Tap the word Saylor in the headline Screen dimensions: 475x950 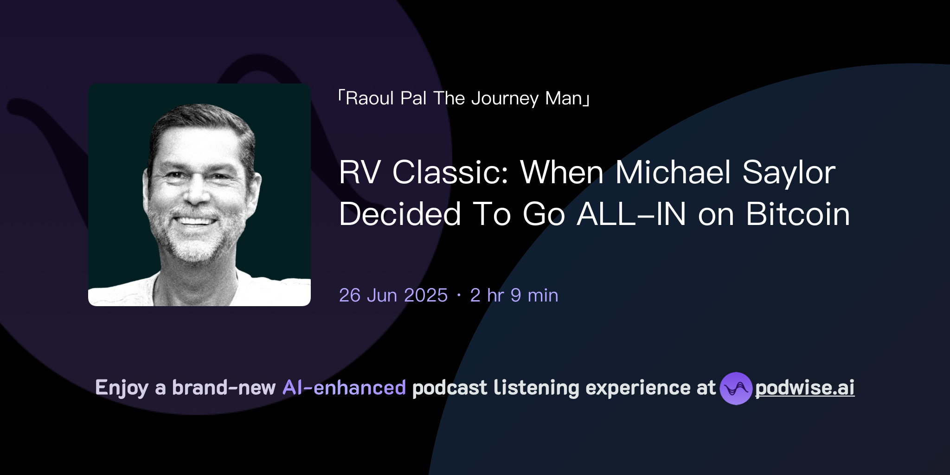pyautogui.click(x=789, y=173)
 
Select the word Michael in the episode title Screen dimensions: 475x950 pyautogui.click(x=673, y=173)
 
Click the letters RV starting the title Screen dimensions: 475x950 pyautogui.click(x=359, y=173)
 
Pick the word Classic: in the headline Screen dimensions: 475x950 pyautogui.click(x=450, y=173)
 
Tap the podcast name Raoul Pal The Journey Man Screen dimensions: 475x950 pyautogui.click(x=464, y=98)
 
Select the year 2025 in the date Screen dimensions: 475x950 pyautogui.click(x=426, y=295)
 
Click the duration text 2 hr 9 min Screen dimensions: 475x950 pyautogui.click(x=514, y=295)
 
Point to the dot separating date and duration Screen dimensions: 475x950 pyautogui.click(x=459, y=295)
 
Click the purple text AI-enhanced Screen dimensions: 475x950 pyautogui.click(x=344, y=388)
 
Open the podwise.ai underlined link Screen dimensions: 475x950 pyautogui.click(x=805, y=388)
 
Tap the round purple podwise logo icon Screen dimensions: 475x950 pyautogui.click(x=736, y=388)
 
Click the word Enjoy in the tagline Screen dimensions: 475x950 pyautogui.click(x=122, y=388)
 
